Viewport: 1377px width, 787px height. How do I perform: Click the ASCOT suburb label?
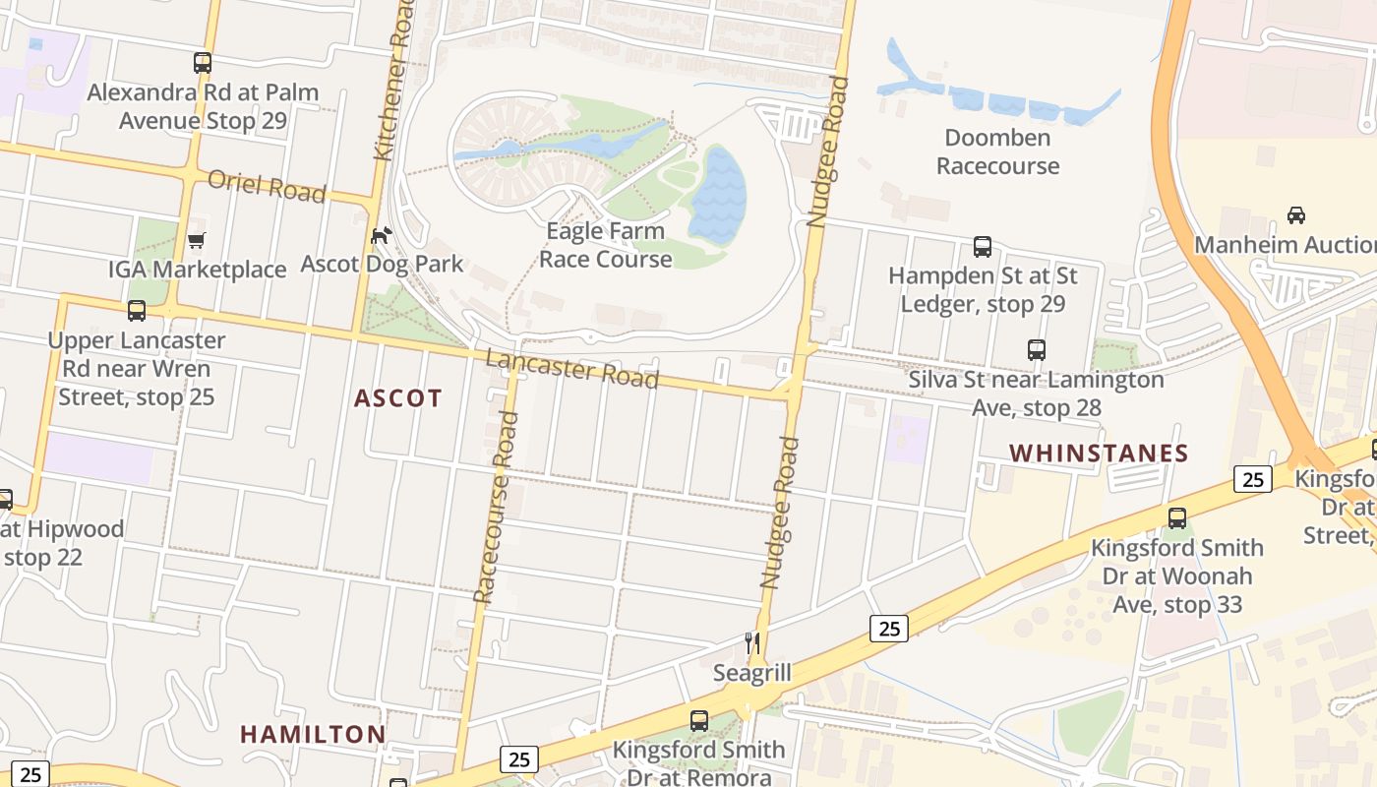[398, 398]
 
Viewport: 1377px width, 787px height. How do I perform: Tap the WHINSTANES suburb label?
[1099, 454]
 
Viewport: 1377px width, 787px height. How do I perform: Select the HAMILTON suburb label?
[313, 735]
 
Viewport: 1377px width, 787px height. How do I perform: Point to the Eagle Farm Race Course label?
[605, 245]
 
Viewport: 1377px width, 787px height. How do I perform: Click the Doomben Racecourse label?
[997, 151]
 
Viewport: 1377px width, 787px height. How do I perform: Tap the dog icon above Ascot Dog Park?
[381, 235]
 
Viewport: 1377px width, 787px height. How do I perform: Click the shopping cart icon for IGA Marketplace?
[197, 240]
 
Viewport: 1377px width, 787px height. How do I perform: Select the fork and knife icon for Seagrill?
[752, 643]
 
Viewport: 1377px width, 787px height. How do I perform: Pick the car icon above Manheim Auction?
[1296, 214]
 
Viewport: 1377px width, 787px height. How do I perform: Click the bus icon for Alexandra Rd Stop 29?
[203, 63]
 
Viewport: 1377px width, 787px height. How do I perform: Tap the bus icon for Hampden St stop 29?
[982, 246]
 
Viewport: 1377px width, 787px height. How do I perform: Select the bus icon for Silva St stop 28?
[1036, 349]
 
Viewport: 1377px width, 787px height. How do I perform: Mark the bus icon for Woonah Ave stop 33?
[1176, 517]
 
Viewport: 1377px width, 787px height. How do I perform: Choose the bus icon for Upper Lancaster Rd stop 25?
[137, 311]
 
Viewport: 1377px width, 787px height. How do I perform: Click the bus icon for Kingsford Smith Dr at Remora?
[698, 720]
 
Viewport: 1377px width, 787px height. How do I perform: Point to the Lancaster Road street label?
[571, 369]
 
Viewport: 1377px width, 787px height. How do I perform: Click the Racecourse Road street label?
[495, 507]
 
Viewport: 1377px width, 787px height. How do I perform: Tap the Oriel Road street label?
[267, 186]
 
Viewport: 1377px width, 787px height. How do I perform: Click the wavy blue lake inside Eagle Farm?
[717, 195]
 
